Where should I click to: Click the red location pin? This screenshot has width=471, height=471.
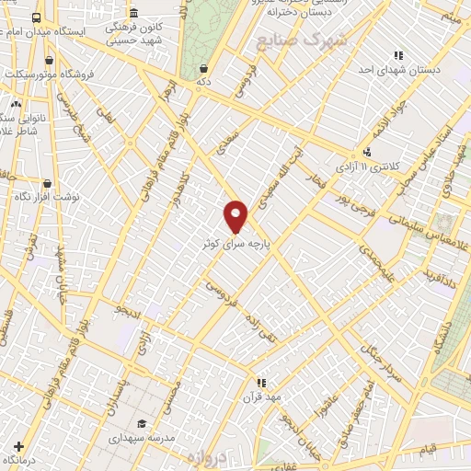coord(236,217)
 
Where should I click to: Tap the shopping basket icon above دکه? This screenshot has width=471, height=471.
coord(202,68)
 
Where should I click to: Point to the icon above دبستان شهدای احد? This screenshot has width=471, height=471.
coord(397,56)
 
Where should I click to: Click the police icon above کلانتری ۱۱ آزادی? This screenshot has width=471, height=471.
coord(368,153)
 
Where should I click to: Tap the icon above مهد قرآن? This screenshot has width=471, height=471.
coord(261,382)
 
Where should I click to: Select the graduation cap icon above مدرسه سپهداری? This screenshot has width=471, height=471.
coord(142,424)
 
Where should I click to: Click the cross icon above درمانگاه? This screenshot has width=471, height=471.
coord(17,446)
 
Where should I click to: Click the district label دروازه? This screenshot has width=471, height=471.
coord(206,457)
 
